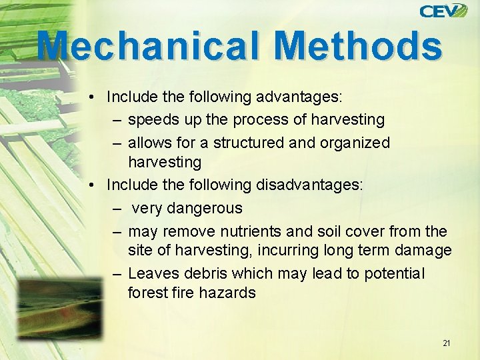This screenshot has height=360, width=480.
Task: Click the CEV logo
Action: [x=443, y=11]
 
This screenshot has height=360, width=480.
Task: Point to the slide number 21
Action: [x=446, y=343]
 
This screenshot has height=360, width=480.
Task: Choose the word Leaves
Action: [x=151, y=273]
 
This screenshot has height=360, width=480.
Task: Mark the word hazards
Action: [x=229, y=293]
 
